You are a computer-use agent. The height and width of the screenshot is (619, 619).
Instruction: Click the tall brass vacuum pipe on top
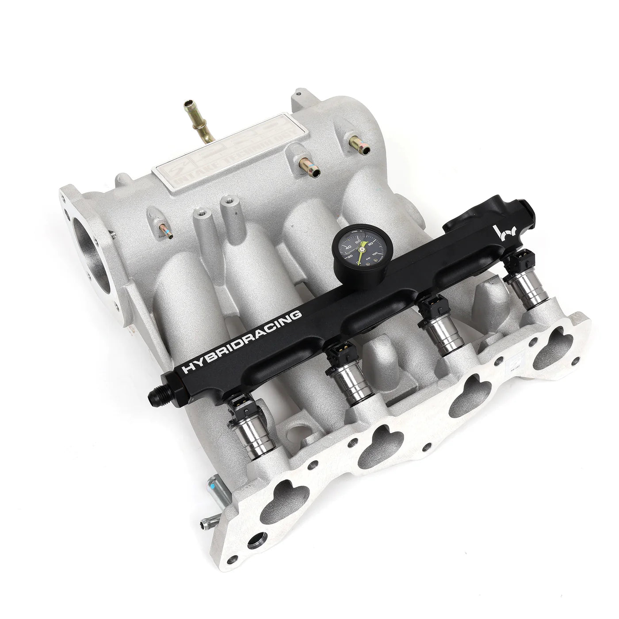coord(195,124)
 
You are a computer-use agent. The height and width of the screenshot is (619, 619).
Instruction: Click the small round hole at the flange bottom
coord(256,577)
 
